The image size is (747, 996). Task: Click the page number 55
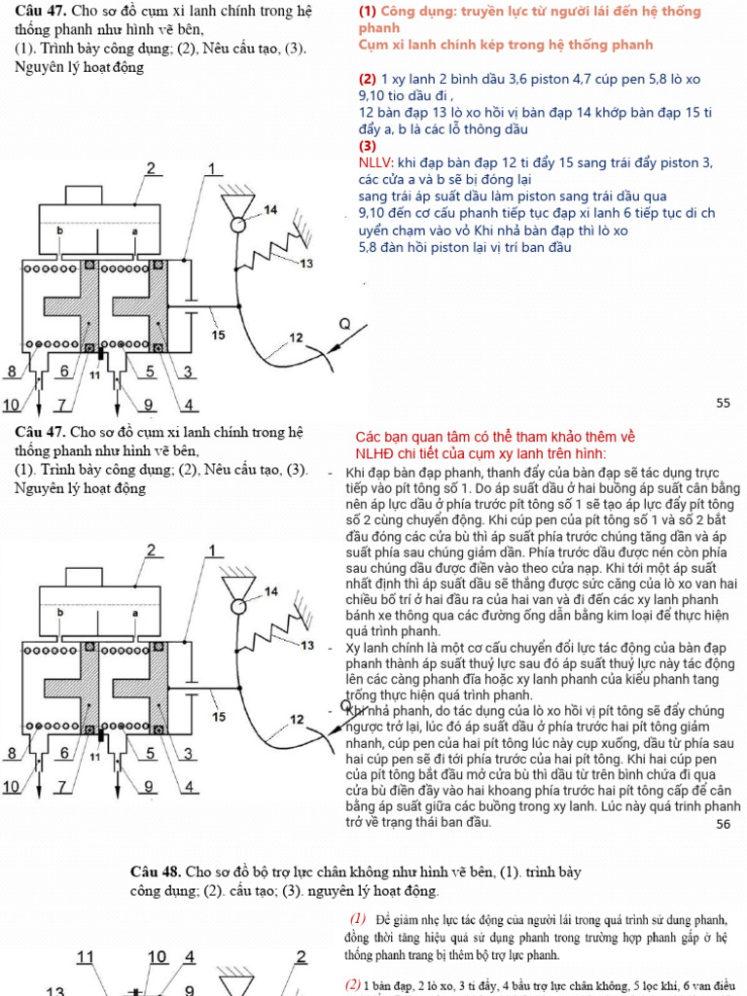pos(722,403)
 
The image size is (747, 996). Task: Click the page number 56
pos(722,824)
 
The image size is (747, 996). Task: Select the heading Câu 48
pos(156,871)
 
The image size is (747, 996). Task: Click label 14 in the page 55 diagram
pos(270,210)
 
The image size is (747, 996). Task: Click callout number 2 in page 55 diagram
pos(151,169)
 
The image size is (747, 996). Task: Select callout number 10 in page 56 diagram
pos(12,786)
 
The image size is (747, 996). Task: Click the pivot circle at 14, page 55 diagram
pos(237,226)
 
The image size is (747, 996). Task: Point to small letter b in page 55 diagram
pos(60,231)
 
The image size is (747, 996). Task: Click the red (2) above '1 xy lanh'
pos(367,79)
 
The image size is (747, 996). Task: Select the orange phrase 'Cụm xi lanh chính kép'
pos(432,46)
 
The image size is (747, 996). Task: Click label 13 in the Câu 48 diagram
pos(56,989)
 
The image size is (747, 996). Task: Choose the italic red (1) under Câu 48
pos(357,919)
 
